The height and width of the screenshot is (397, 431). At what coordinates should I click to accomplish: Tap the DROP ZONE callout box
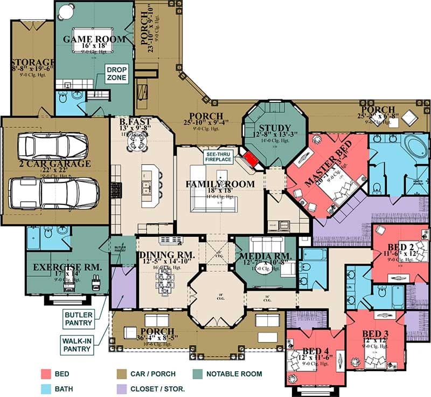click(116, 74)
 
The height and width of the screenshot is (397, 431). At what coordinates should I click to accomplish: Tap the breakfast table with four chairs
click(136, 142)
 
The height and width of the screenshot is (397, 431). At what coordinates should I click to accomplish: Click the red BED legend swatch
click(46, 374)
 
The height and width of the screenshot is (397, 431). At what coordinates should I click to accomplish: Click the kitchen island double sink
click(146, 188)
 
